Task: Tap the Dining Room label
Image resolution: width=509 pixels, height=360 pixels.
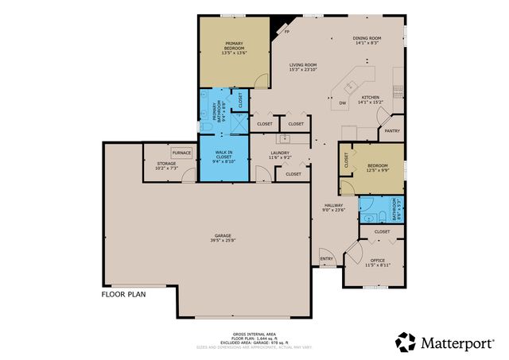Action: point(367,41)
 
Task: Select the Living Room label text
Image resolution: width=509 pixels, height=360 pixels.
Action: point(303,68)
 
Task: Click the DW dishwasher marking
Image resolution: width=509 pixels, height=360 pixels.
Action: point(343,103)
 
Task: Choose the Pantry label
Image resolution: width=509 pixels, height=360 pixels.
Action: point(391,130)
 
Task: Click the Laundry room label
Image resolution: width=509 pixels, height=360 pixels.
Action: point(279,156)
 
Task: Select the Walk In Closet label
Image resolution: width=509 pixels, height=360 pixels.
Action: point(224,155)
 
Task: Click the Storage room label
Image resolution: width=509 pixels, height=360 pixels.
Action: point(155,165)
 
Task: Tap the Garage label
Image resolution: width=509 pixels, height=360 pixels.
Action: point(223,238)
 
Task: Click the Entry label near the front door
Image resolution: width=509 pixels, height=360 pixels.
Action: point(326,258)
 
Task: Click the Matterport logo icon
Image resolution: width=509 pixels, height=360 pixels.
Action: point(406,342)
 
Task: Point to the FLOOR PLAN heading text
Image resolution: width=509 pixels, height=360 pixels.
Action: point(122,293)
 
